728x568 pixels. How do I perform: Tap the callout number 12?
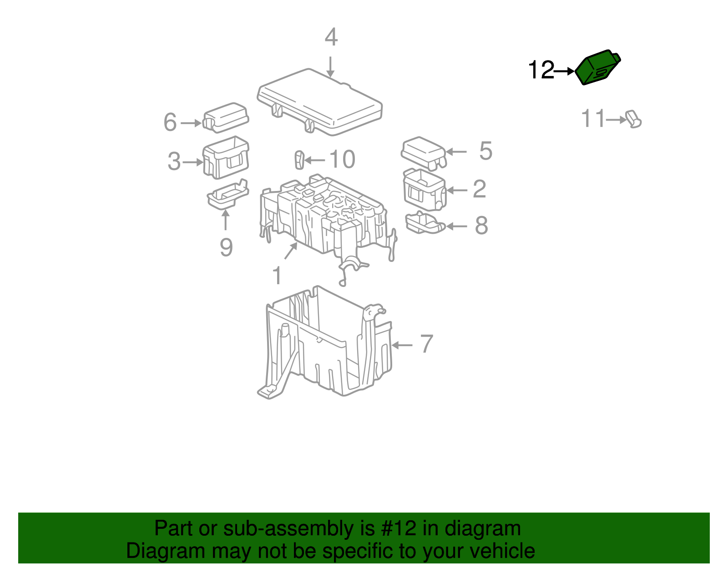541,70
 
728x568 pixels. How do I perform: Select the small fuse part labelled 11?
634,119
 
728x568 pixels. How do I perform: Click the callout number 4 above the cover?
331,37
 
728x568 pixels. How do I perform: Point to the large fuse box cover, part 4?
319,101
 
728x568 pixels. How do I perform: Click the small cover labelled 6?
226,117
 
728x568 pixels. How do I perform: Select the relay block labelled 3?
226,157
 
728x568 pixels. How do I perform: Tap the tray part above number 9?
227,194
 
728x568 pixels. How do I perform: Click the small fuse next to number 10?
299,160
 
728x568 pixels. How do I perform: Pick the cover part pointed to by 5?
423,152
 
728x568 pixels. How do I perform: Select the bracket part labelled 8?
425,223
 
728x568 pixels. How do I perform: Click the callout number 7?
426,344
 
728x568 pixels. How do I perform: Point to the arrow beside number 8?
456,226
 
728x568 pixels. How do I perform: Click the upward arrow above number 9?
225,220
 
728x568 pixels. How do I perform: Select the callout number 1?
277,276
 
